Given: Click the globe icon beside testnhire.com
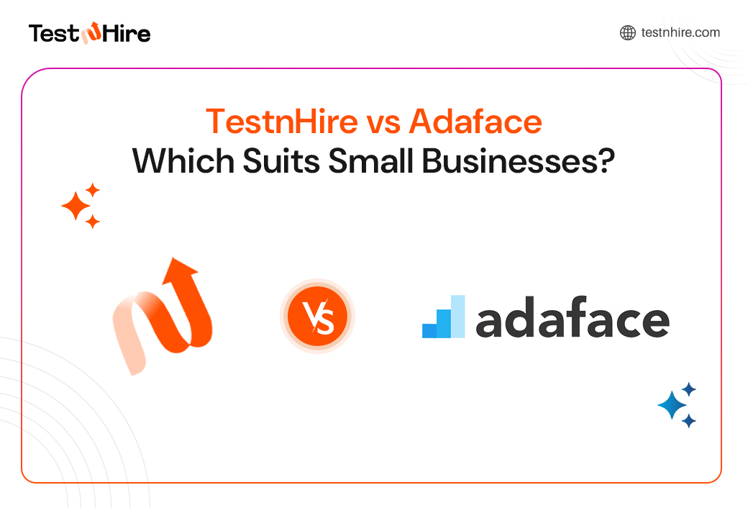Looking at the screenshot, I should pos(627,32).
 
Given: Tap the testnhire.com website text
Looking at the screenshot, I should pos(680,32).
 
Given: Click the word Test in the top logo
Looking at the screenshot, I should pos(53,33).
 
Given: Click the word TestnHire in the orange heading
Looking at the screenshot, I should pos(281,122).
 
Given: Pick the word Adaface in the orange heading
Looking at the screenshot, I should pos(475,122).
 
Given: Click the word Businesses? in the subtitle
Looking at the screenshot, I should pos(519,160).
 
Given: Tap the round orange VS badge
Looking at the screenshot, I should pos(317,317).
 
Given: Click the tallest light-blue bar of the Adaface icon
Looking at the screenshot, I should pos(457,316).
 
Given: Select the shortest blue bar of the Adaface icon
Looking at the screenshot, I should pos(429,330).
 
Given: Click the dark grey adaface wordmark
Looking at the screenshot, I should pos(573,321).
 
